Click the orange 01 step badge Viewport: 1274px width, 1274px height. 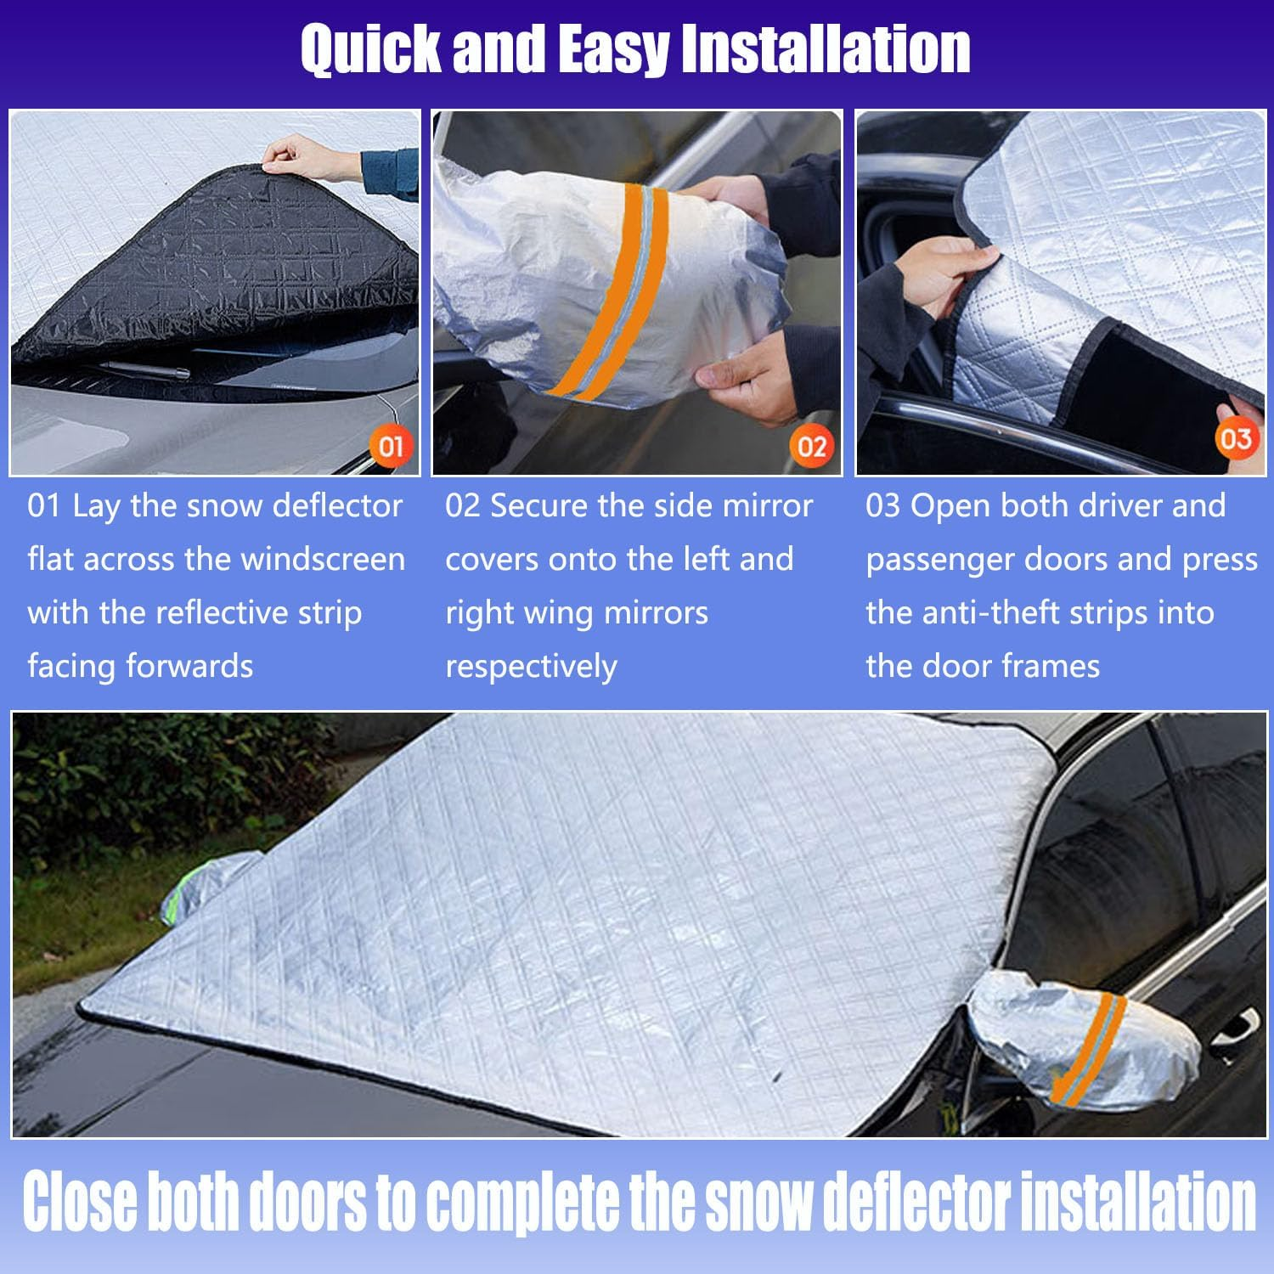click(390, 446)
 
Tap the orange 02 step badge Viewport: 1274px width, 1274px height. click(811, 446)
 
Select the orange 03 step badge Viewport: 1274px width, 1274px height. click(1235, 439)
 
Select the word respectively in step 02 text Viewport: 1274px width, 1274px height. click(531, 667)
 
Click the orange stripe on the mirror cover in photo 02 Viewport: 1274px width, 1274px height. click(607, 289)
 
